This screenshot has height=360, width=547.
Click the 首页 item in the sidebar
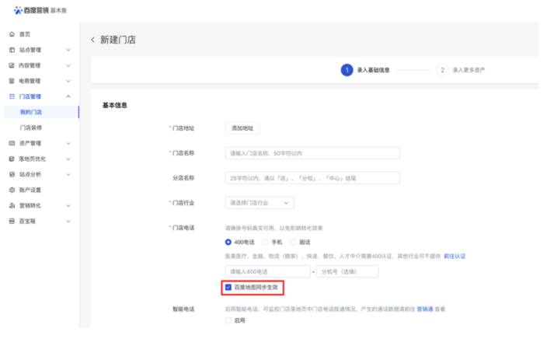[25, 34]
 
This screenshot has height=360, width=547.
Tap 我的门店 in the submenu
[31, 112]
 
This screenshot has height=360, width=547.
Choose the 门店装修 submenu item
[31, 127]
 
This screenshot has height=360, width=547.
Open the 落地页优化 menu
[32, 159]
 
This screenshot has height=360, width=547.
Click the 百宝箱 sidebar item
[28, 222]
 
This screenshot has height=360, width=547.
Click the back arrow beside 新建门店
[93, 40]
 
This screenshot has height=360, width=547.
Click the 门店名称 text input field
[312, 153]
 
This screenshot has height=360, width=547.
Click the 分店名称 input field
[312, 178]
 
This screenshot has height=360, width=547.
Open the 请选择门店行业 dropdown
[260, 203]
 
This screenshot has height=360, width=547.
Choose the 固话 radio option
[293, 242]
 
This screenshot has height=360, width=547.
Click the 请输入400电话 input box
[267, 271]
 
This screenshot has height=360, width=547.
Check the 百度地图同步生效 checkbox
[228, 288]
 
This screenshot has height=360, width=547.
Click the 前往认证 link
[455, 256]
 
